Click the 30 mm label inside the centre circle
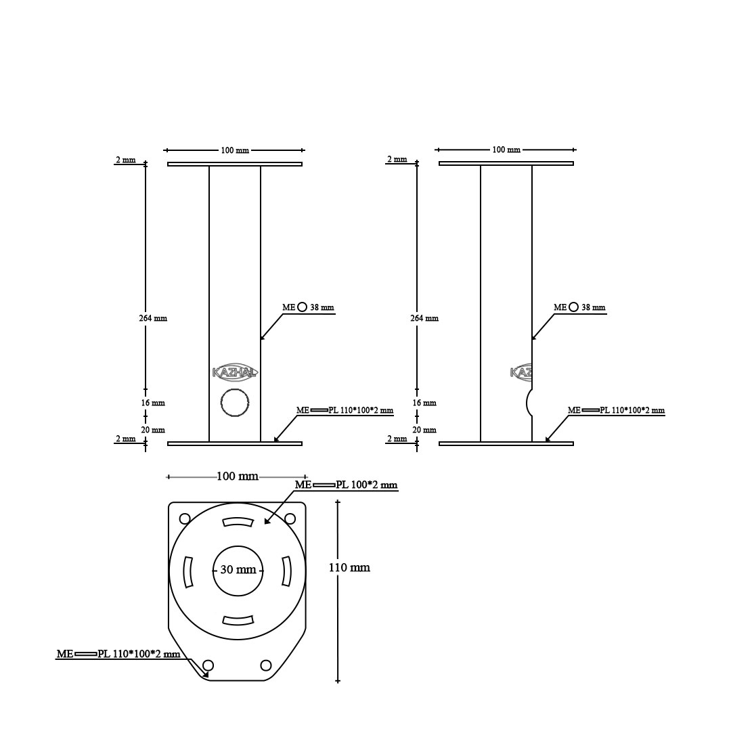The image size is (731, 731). click(x=238, y=570)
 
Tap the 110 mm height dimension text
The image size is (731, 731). click(x=349, y=567)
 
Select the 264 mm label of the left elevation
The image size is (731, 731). click(x=153, y=318)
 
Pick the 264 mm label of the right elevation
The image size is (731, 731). click(x=424, y=318)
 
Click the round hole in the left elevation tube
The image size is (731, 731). click(x=235, y=402)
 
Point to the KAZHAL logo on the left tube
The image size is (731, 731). click(x=234, y=372)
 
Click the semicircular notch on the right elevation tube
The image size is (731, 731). click(x=529, y=402)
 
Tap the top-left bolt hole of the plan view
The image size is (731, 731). click(x=185, y=518)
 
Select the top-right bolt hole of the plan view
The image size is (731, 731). click(x=290, y=518)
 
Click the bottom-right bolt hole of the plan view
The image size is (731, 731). click(x=266, y=665)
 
